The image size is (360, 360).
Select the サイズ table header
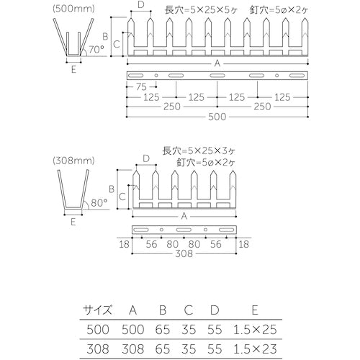[x=97, y=310]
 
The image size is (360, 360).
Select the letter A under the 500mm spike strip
[x=217, y=63]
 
